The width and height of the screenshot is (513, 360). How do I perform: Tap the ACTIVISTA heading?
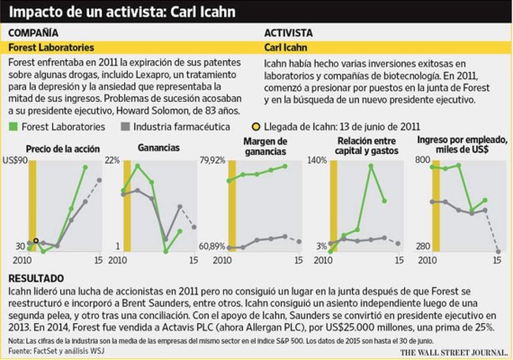pyautogui.click(x=288, y=31)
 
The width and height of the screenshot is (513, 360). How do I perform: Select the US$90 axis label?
pyautogui.click(x=17, y=159)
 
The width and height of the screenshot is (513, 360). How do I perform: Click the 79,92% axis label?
pyautogui.click(x=213, y=159)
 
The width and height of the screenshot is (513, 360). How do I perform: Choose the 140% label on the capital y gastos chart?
pyautogui.click(x=316, y=159)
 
